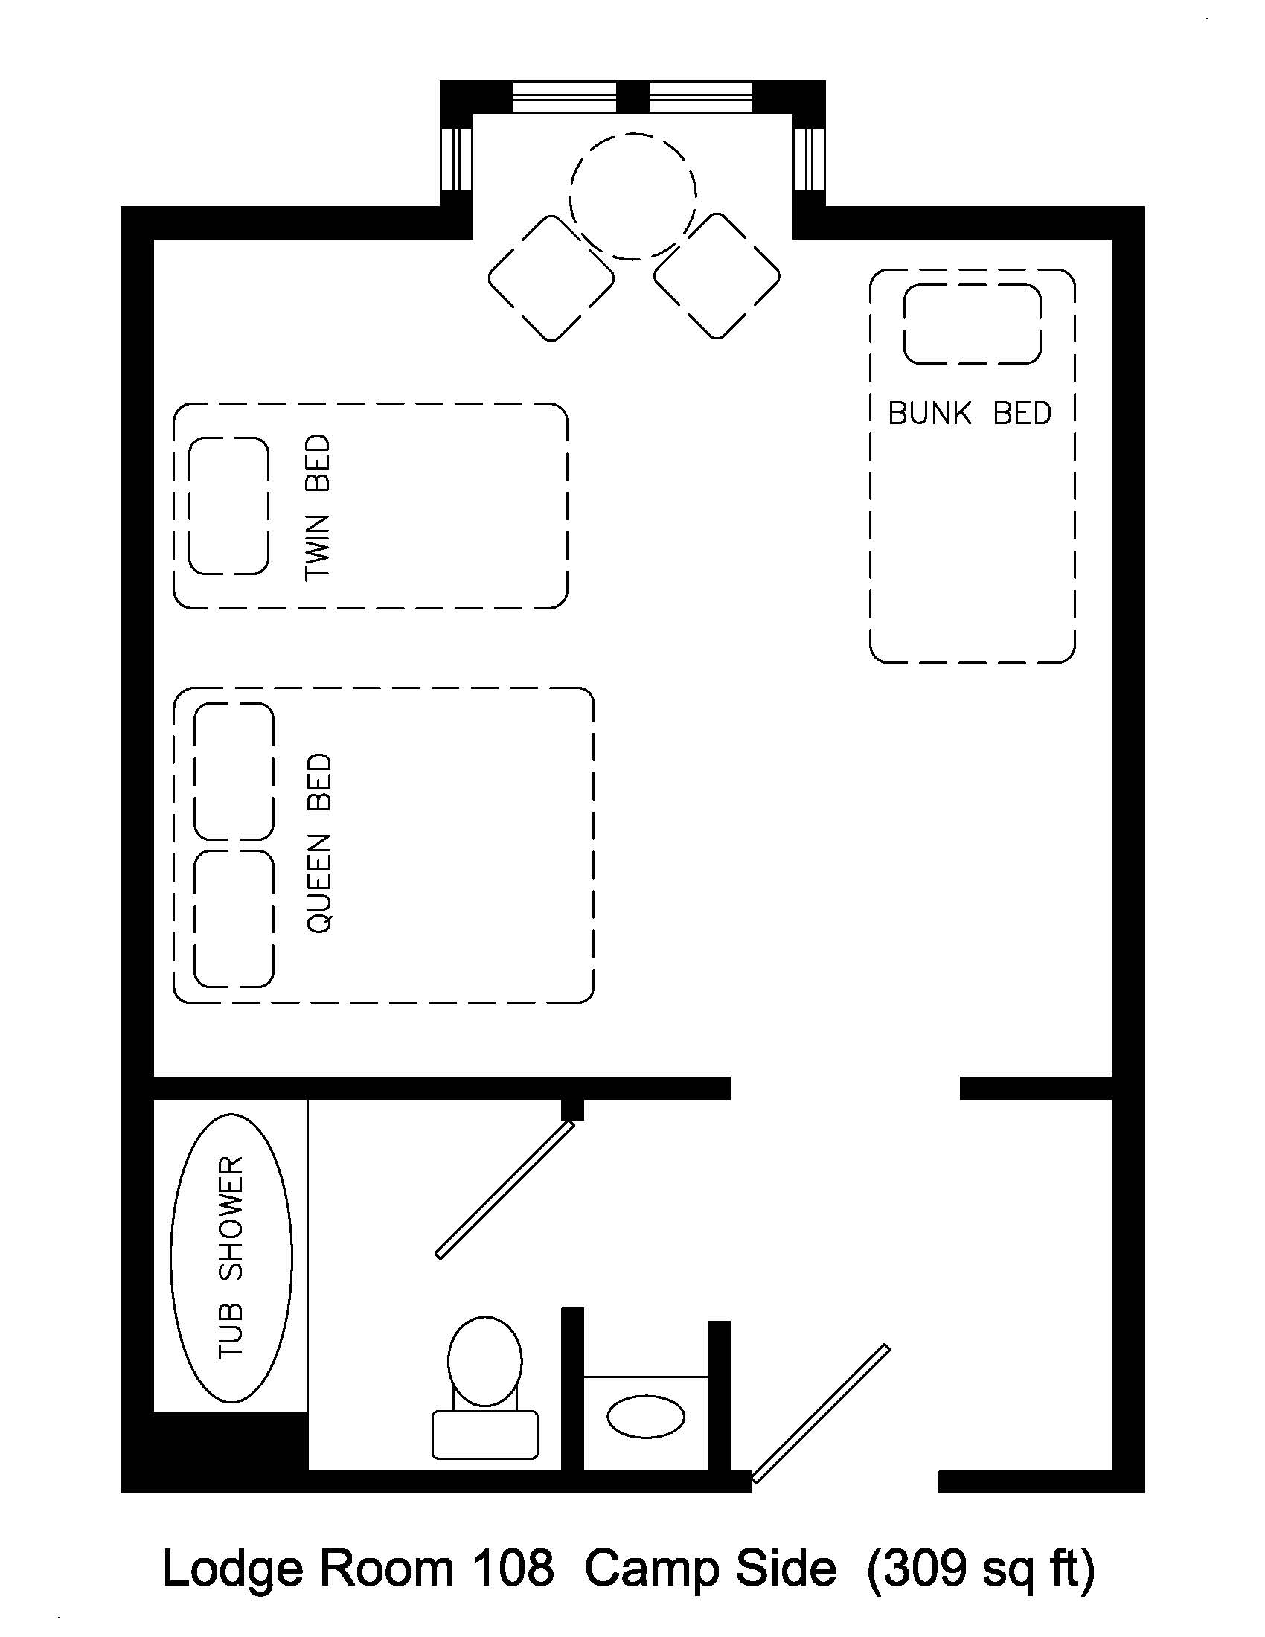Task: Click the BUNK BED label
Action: [969, 413]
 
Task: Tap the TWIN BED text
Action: [318, 507]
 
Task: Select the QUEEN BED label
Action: [319, 843]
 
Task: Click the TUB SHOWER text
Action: [231, 1258]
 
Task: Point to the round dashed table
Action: [632, 196]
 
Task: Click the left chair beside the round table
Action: [551, 278]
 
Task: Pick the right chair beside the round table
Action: [717, 277]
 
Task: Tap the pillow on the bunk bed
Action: [972, 324]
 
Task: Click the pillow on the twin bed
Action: [228, 506]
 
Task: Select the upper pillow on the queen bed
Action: [234, 772]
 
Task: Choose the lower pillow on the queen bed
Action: [234, 918]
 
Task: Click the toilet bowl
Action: [485, 1360]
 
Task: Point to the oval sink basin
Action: [645, 1417]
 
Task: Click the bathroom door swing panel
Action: [505, 1190]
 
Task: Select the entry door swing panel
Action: [822, 1414]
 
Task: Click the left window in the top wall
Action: [563, 97]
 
